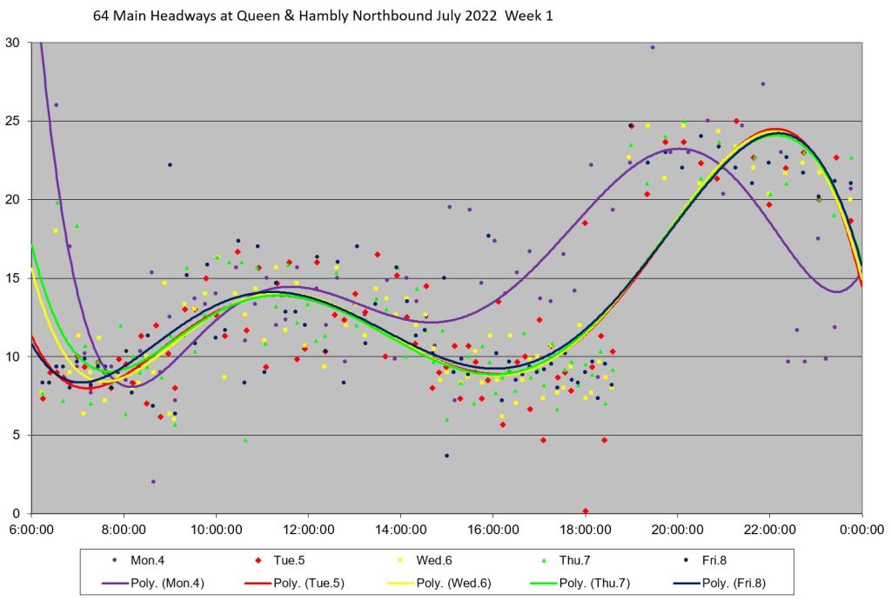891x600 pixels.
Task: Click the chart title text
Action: point(323,16)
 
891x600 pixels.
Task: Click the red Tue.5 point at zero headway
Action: point(586,510)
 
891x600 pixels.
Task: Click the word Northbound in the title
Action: point(379,16)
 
